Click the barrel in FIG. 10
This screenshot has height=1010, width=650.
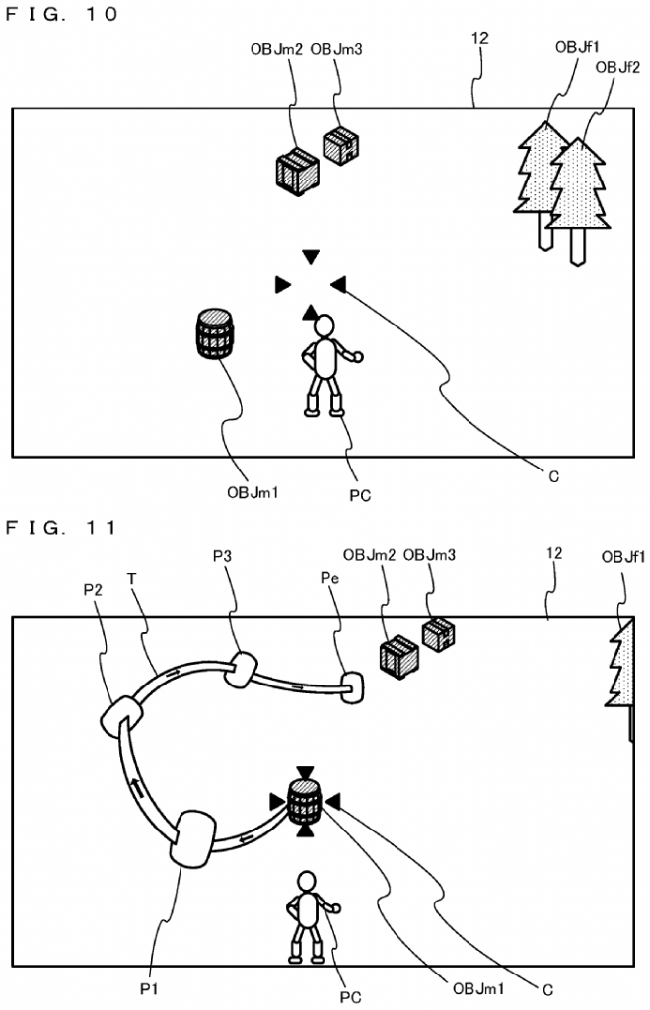pyautogui.click(x=215, y=333)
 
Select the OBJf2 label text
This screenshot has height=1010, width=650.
pyautogui.click(x=618, y=67)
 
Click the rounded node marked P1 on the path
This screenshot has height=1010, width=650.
pyautogui.click(x=192, y=837)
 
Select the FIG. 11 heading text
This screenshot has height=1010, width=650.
pyautogui.click(x=61, y=528)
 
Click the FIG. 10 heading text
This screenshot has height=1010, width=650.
pyautogui.click(x=61, y=13)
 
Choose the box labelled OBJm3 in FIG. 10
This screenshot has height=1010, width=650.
pyautogui.click(x=340, y=146)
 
